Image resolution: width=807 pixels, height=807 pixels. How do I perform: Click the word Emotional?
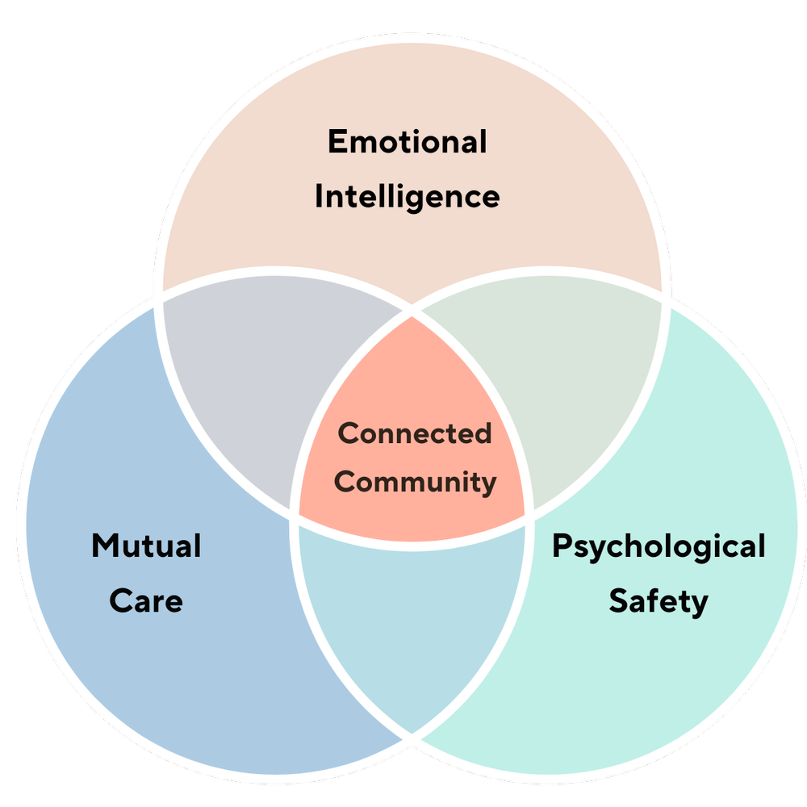(408, 142)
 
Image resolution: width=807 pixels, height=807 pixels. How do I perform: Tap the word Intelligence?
(408, 196)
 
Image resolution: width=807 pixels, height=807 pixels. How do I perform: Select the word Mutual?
(146, 546)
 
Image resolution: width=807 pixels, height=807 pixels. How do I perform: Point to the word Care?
(146, 600)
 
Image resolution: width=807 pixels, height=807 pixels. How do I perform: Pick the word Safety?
(658, 600)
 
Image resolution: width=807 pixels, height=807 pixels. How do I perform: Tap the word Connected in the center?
(415, 433)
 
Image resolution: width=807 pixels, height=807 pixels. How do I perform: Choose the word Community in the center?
(415, 483)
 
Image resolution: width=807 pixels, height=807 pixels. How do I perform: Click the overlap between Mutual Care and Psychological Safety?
(412, 621)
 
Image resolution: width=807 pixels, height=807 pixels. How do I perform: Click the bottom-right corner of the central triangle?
(529, 516)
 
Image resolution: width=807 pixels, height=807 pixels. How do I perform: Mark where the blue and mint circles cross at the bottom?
(412, 736)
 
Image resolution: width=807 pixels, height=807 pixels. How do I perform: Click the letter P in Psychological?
(561, 546)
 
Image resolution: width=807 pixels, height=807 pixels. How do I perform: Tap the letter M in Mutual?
(102, 546)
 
